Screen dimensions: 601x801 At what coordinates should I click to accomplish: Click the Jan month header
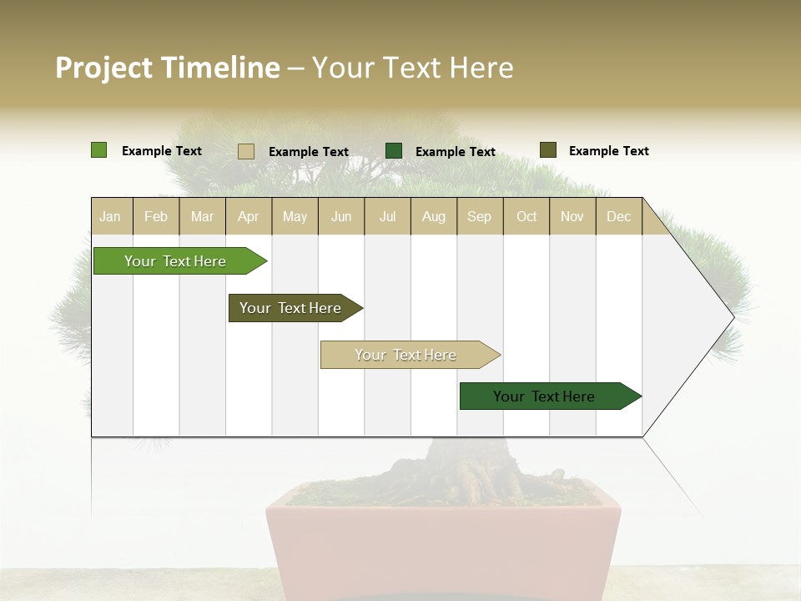coord(110,217)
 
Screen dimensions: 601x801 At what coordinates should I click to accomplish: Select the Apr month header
coord(248,217)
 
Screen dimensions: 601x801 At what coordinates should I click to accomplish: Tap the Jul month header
coord(387,217)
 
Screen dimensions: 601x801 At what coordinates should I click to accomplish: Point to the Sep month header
coord(479,217)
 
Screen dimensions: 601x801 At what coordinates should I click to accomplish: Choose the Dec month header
coord(618,217)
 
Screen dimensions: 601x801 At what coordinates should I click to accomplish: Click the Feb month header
coord(156,217)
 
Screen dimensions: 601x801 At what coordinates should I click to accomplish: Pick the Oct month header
coord(526,217)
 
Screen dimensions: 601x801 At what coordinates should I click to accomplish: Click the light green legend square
coord(98,150)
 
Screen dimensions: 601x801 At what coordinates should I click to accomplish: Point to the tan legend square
coord(246,151)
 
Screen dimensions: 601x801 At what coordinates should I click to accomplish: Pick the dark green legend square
coord(394,150)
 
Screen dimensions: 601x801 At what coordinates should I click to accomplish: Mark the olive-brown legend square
coord(547,150)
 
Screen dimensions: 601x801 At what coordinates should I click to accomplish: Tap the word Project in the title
coord(103,68)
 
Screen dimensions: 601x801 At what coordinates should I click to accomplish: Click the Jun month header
coord(341,217)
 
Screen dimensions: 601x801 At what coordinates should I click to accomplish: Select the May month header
coord(295,217)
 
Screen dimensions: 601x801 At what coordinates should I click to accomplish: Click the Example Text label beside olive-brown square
coord(608,151)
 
